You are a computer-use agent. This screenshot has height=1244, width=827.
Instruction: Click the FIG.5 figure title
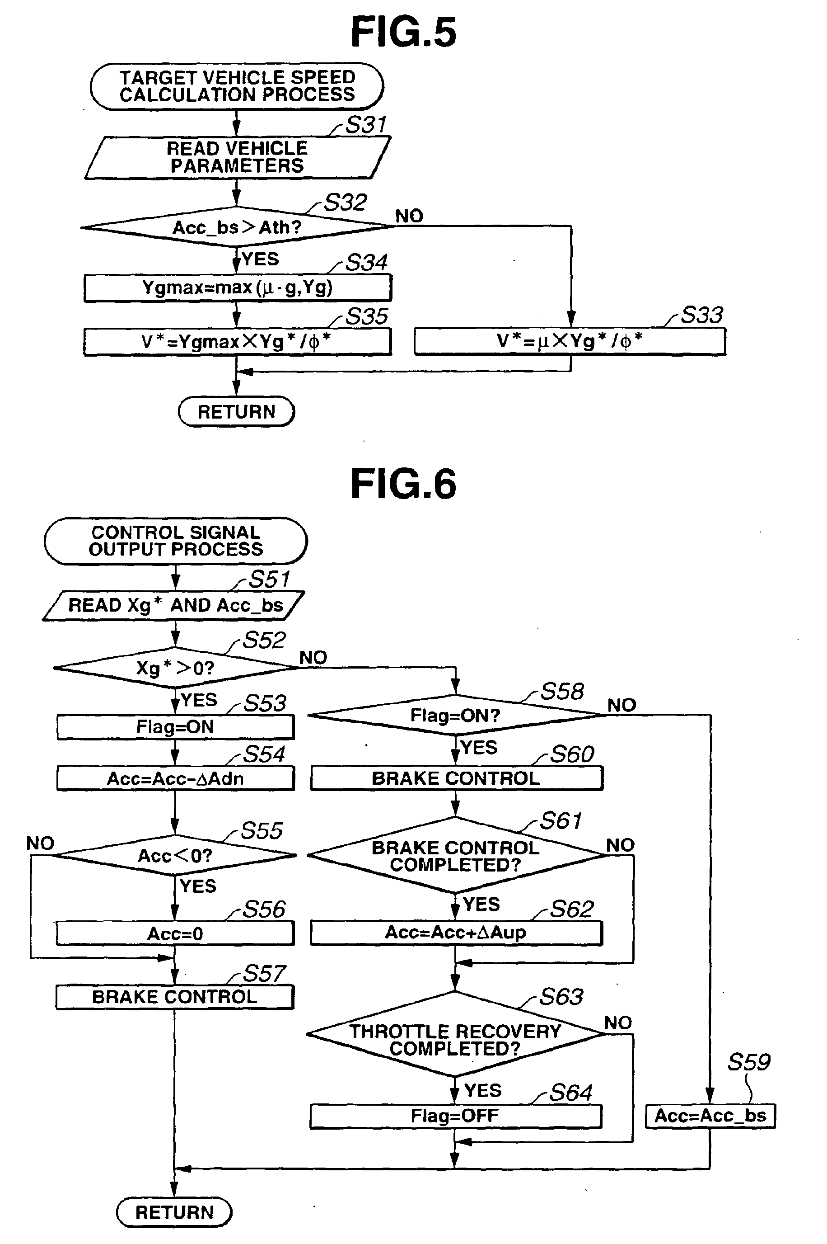[x=403, y=33]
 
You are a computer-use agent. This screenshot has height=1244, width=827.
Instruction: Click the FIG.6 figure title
[x=403, y=485]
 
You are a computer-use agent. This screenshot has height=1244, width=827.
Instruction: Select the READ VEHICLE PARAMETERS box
[x=237, y=157]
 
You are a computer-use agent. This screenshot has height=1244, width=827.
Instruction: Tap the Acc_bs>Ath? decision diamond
[x=237, y=227]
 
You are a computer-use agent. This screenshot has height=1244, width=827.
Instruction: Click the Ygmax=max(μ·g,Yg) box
[x=237, y=287]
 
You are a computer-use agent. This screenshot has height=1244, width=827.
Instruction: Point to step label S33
[x=701, y=315]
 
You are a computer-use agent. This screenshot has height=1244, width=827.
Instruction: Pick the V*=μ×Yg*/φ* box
[x=570, y=341]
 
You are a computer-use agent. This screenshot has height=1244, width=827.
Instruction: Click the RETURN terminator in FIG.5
[x=236, y=412]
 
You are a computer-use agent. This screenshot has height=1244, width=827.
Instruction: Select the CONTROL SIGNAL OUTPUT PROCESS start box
[x=176, y=541]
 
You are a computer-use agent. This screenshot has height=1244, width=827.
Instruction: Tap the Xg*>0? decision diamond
[x=175, y=668]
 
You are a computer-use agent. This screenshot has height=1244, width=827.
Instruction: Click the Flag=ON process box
[x=175, y=727]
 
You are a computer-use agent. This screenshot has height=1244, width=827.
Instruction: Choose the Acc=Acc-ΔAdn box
[x=175, y=778]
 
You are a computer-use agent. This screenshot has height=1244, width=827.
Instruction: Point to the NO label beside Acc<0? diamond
[x=40, y=843]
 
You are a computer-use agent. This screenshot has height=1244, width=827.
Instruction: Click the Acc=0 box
[x=175, y=933]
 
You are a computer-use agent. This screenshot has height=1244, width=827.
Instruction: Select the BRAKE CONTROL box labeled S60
[x=456, y=778]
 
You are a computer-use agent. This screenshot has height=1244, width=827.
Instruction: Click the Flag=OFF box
[x=455, y=1116]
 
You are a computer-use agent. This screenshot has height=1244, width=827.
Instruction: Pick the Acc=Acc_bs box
[x=710, y=1116]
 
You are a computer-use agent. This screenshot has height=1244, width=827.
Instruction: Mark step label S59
[x=748, y=1062]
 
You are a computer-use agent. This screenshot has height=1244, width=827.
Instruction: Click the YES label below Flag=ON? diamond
[x=479, y=747]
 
